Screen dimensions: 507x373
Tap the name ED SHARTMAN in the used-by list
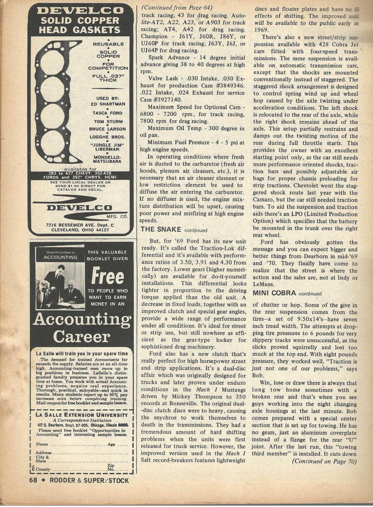[108, 104]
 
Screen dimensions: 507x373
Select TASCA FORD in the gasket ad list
[108, 113]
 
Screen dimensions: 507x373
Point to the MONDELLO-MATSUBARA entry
[107, 159]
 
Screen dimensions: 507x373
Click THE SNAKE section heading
[161, 230]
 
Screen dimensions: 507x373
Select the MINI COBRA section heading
[274, 293]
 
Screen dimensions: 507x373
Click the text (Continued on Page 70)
[324, 461]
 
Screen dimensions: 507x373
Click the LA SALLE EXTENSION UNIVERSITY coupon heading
[82, 415]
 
